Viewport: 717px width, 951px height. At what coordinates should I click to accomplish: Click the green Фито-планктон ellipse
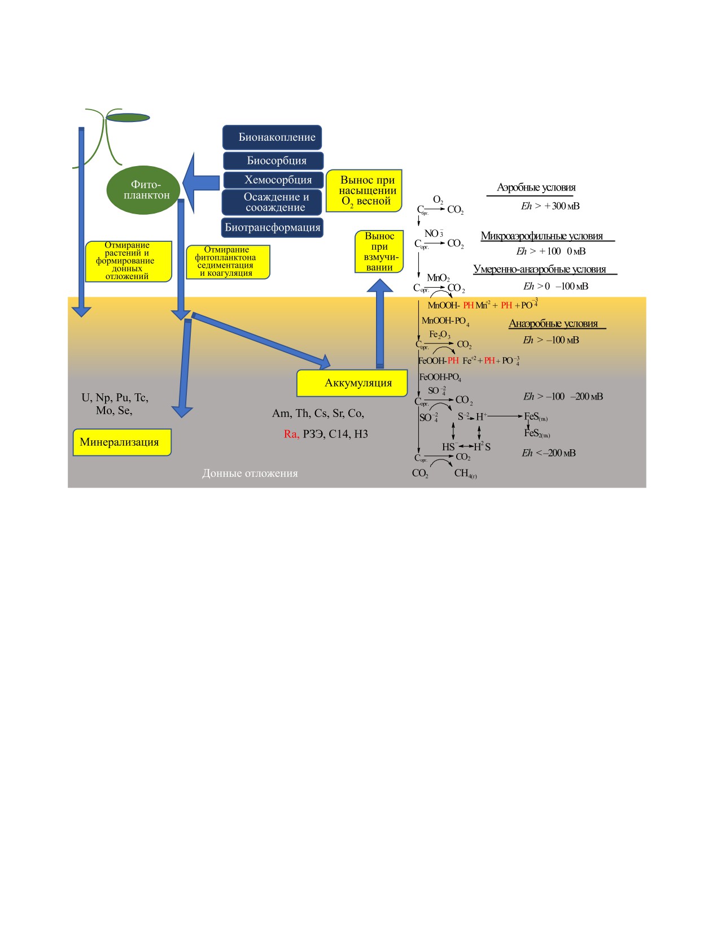pyautogui.click(x=143, y=190)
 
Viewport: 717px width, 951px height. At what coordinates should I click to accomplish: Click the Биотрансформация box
pyautogui.click(x=272, y=228)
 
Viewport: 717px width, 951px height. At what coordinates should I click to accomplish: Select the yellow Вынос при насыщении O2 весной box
pyautogui.click(x=364, y=190)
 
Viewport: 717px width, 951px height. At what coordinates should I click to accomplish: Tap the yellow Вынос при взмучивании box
pyautogui.click(x=379, y=251)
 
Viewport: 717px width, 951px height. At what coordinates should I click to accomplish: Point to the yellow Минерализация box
pyautogui.click(x=121, y=442)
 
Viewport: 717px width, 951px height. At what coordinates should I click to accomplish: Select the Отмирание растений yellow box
pyautogui.click(x=128, y=261)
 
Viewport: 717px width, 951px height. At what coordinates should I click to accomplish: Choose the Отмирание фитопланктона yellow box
pyautogui.click(x=228, y=262)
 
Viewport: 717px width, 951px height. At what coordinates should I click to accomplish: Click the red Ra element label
pyautogui.click(x=291, y=434)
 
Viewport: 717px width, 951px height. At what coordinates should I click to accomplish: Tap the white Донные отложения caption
pyautogui.click(x=250, y=474)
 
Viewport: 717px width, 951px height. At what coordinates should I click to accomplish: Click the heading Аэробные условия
pyautogui.click(x=536, y=188)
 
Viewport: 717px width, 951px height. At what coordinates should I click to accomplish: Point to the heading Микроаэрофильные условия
pyautogui.click(x=541, y=236)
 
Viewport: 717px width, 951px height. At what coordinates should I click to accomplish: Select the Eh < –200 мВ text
pyautogui.click(x=548, y=453)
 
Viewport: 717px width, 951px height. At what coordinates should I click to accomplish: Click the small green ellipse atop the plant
pyautogui.click(x=128, y=118)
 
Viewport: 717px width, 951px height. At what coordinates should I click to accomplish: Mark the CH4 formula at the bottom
pyautogui.click(x=465, y=474)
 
